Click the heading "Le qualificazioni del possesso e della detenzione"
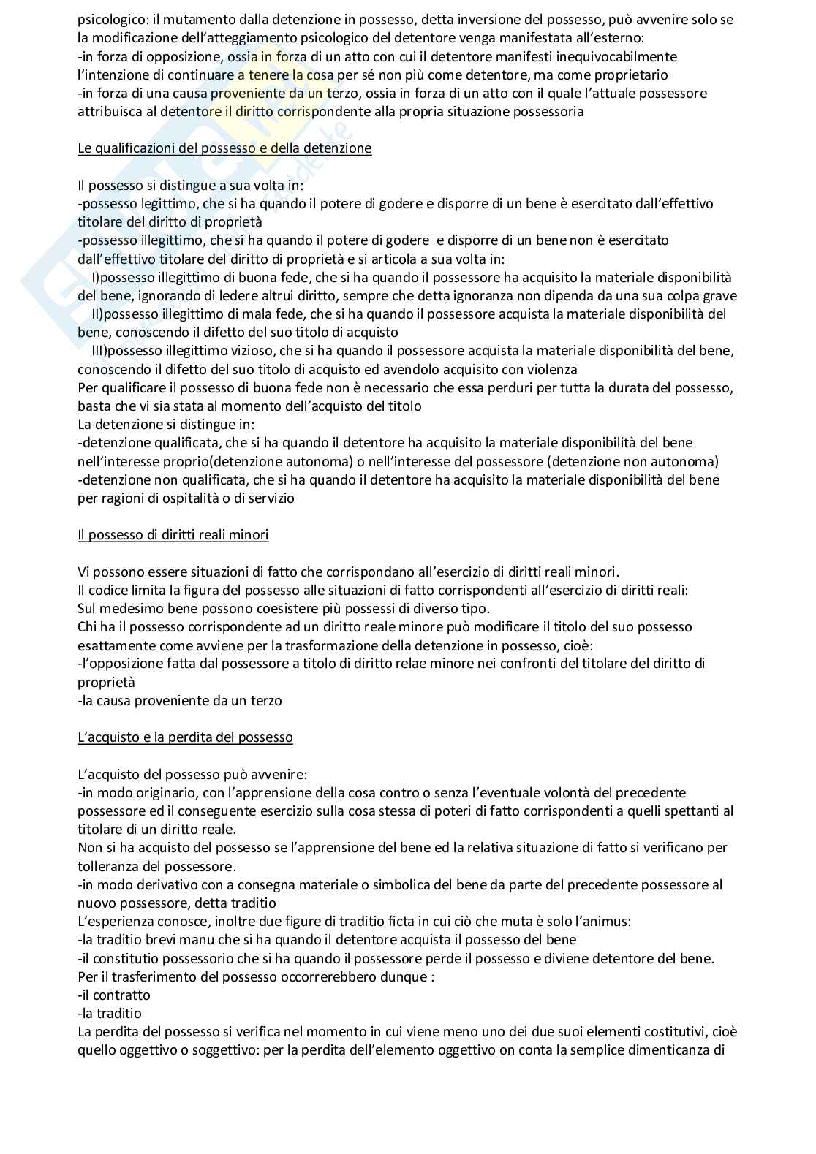click(x=224, y=148)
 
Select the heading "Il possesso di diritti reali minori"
click(x=173, y=535)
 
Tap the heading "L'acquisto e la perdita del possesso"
click(x=185, y=737)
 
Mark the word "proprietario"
click(x=631, y=75)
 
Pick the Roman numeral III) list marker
click(x=99, y=351)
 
